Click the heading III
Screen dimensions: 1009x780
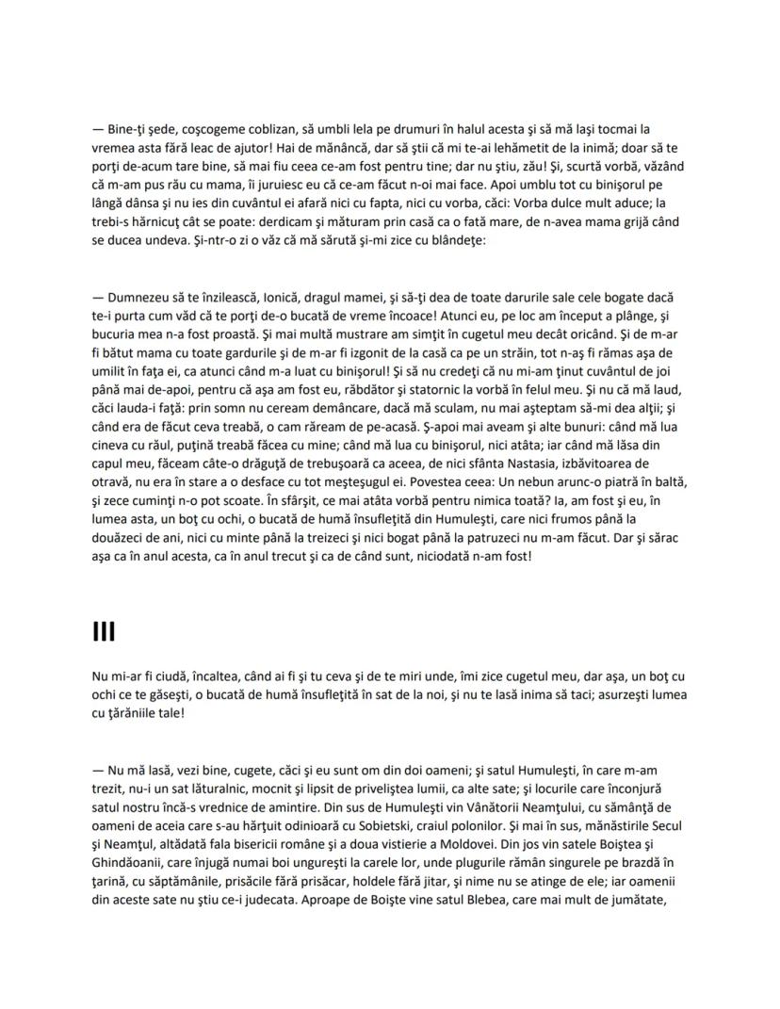pyautogui.click(x=104, y=631)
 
